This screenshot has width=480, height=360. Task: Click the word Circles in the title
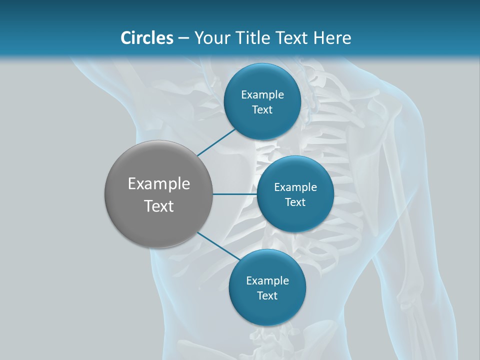coord(147,38)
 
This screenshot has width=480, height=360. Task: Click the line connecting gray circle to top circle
coord(216,142)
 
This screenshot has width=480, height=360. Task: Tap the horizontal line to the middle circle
coord(235,194)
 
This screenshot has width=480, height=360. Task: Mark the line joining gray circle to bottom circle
coord(218,245)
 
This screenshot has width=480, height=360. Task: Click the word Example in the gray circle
coord(159,184)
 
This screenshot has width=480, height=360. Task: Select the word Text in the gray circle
coord(159,206)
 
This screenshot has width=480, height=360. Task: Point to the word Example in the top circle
coord(262,95)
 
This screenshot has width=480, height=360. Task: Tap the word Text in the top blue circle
coord(262,110)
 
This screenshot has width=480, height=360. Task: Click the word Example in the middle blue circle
coord(295,187)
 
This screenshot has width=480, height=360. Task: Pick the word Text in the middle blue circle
coord(295,202)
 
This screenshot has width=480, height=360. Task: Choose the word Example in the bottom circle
coord(267,281)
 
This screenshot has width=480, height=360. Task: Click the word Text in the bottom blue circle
coord(267,296)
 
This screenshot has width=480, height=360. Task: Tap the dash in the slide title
coord(183,38)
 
